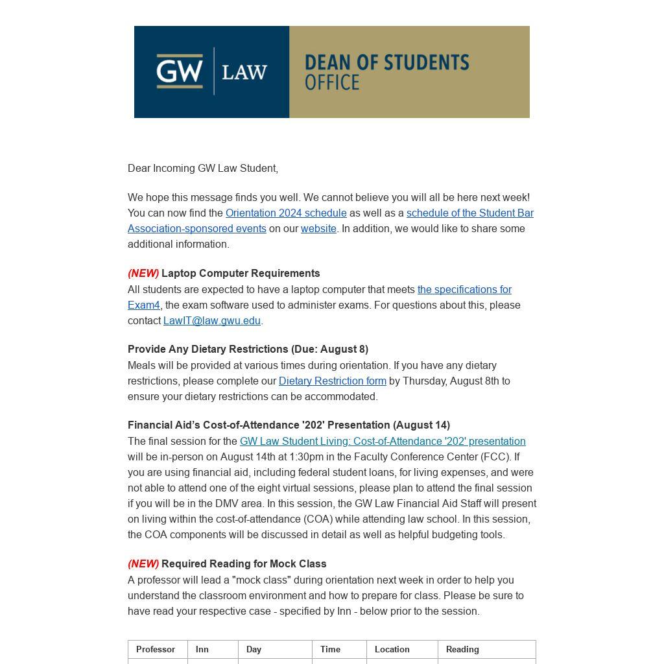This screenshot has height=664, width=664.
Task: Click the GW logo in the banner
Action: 180,71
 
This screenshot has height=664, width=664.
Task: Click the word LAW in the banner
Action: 244,72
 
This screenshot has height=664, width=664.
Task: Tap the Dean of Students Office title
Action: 386,71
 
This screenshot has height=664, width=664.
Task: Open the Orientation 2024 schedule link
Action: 286,213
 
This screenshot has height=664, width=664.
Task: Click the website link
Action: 318,229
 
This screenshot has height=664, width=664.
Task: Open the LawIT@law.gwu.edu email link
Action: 212,321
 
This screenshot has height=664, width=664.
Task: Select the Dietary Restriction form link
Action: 332,381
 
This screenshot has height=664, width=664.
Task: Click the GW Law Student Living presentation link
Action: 383,442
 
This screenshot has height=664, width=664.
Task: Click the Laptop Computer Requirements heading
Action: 241,274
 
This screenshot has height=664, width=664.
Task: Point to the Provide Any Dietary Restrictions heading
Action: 248,350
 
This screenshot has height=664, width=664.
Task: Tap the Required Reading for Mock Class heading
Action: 244,564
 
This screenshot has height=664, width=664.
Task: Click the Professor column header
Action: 156,650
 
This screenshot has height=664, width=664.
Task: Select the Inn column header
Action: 202,650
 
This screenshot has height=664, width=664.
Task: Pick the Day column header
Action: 254,650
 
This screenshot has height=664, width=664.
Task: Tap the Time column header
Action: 330,650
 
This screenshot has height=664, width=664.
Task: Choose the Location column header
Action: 392,650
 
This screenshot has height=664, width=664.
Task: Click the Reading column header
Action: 462,650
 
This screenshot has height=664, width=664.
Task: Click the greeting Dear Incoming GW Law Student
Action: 203,169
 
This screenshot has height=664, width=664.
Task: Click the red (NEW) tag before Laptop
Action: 143,274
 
